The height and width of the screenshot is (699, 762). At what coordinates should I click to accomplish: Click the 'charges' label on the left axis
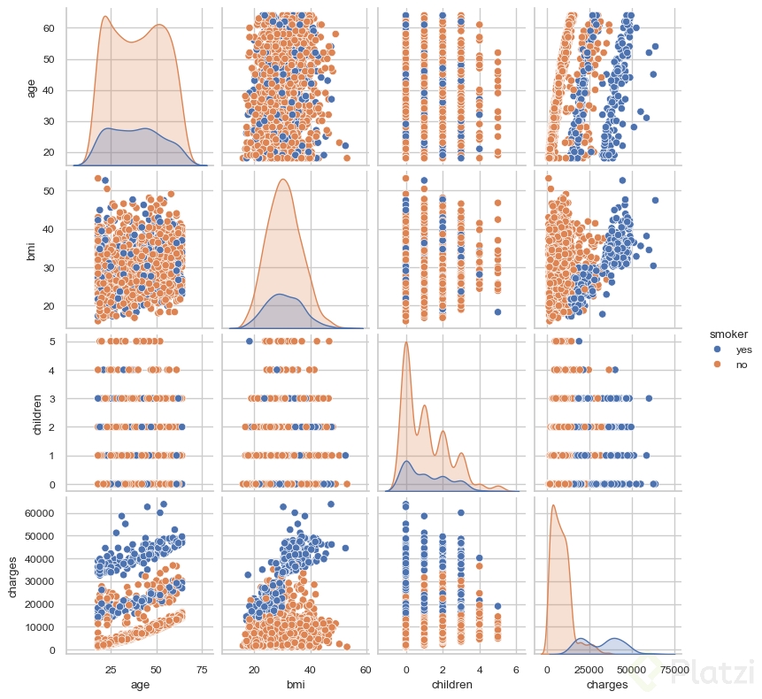pos(12,576)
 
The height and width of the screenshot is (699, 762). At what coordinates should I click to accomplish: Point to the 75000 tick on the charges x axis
pos(673,668)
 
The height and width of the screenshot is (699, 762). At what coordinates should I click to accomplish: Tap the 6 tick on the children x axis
pos(515,668)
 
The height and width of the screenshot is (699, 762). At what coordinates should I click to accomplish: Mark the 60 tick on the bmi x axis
pos(365,668)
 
